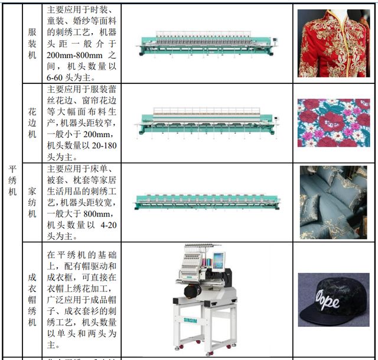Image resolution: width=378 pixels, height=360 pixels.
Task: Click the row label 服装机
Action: pyautogui.click(x=32, y=43)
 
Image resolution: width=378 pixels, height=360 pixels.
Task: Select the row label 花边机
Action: pyautogui.click(x=32, y=122)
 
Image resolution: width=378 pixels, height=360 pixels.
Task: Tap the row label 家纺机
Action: pyautogui.click(x=32, y=202)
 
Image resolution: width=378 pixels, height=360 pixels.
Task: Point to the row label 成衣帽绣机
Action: pyautogui.click(x=32, y=299)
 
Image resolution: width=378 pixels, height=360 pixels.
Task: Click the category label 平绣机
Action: pyautogui.click(x=12, y=180)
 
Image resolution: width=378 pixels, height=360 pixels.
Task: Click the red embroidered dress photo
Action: pyautogui.click(x=333, y=43)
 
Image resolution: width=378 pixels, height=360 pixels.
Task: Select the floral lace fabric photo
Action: pyautogui.click(x=333, y=122)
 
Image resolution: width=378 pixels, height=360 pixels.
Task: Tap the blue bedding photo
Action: pyautogui.click(x=333, y=202)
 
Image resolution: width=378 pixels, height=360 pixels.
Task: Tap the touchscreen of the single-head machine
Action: pyautogui.click(x=219, y=261)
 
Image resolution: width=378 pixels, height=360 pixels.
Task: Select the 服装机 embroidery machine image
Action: pyautogui.click(x=207, y=44)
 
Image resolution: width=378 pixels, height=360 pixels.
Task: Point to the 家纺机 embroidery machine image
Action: pyautogui.click(x=207, y=202)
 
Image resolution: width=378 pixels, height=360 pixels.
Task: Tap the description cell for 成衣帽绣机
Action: pyautogui.click(x=82, y=299)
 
